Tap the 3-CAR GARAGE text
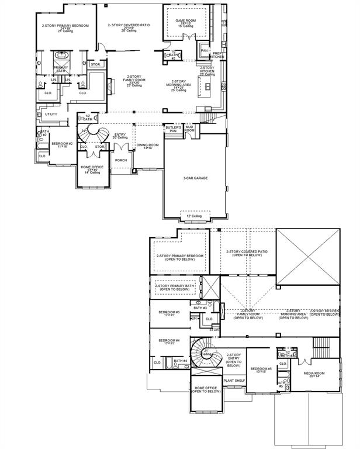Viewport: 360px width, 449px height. [196, 178]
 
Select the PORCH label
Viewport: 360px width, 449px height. [121, 160]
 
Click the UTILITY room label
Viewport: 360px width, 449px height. [51, 114]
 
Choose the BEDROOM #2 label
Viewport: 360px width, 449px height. [61, 144]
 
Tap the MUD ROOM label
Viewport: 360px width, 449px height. [189, 128]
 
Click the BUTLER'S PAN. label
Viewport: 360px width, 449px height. [174, 129]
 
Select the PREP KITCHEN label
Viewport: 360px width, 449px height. [217, 55]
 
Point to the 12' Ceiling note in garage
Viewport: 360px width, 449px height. [195, 216]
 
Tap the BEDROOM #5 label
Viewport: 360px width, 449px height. [261, 370]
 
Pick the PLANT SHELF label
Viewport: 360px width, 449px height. [233, 379]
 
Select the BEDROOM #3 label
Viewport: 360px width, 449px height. [169, 313]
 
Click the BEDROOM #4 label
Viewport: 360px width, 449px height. [169, 341]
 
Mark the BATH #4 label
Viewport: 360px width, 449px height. [181, 361]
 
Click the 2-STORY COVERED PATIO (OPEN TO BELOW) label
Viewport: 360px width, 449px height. [247, 253]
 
